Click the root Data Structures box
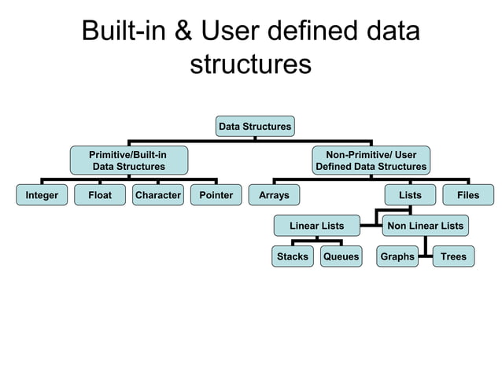(254, 126)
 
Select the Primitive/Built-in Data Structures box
(129, 160)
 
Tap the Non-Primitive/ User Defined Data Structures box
(371, 160)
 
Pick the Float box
(100, 195)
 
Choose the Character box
(158, 195)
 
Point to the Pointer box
(216, 195)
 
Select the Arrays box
(274, 195)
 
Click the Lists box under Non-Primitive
(409, 195)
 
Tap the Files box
(468, 195)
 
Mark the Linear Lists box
(316, 226)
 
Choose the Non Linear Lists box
(425, 226)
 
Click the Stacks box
(293, 256)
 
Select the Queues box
(341, 256)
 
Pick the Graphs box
(397, 256)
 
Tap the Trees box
(453, 256)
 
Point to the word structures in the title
(250, 64)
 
